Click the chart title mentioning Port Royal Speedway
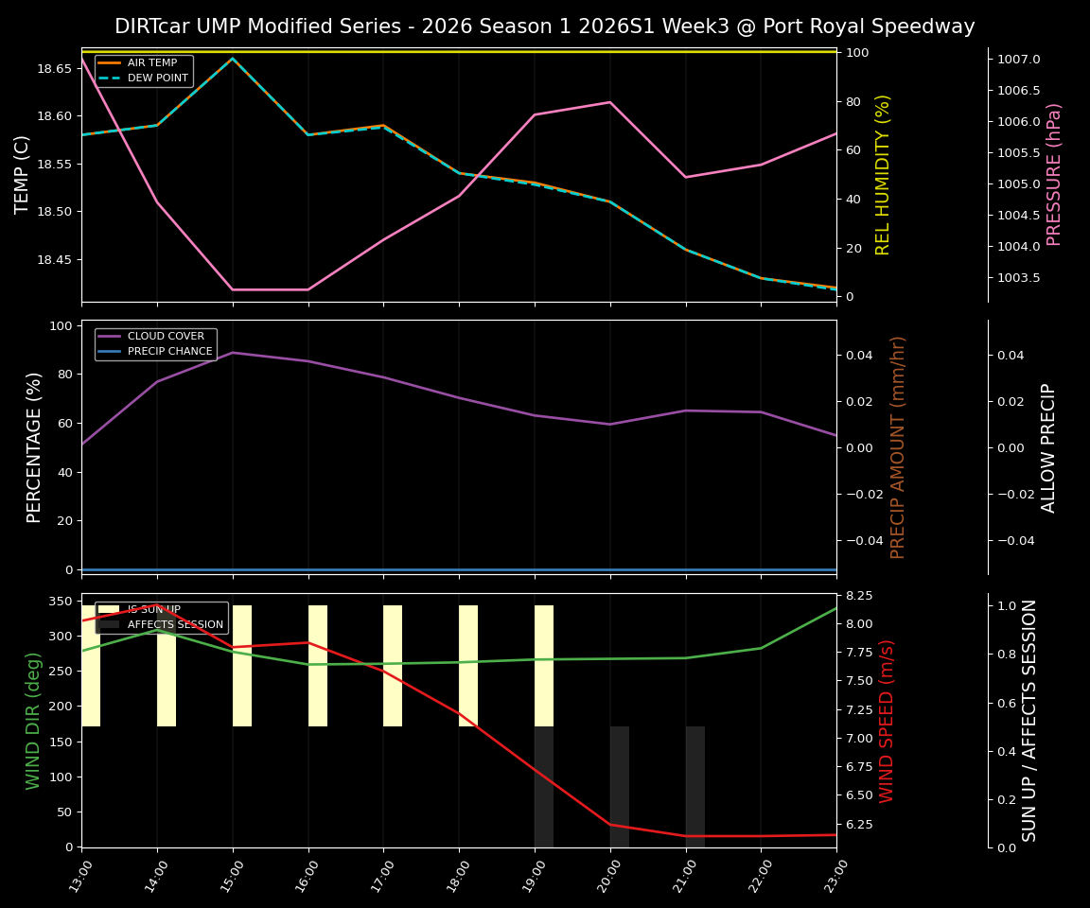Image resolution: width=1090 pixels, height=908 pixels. click(544, 26)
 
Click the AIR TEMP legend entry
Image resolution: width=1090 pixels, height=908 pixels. click(151, 63)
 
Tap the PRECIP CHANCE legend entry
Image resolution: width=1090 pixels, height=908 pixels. click(169, 352)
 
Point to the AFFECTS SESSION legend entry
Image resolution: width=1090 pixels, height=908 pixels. click(175, 625)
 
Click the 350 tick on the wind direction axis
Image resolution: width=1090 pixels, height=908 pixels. click(59, 601)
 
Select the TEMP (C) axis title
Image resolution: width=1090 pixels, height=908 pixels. click(23, 174)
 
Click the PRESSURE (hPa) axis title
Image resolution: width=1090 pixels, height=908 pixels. click(1054, 174)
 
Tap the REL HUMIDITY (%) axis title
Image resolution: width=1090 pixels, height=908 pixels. click(884, 174)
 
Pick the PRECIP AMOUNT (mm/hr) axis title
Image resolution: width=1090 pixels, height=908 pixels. click(899, 446)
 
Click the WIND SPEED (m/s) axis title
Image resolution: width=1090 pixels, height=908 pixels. click(888, 721)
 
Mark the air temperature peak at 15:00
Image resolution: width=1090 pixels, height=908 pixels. click(233, 59)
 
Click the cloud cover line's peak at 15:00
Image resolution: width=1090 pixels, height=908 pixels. click(233, 353)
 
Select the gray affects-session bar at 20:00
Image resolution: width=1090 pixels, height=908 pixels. click(620, 786)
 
